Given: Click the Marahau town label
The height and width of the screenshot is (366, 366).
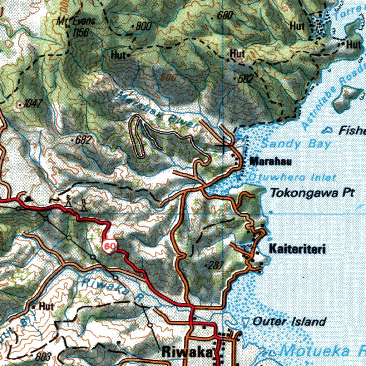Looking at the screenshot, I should pos(271,161).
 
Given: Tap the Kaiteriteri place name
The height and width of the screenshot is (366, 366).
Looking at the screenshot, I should pos(297,249).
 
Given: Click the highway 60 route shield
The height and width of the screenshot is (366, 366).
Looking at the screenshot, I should pos(110,246).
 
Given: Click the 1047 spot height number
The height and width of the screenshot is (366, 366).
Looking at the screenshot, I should pos(33,104).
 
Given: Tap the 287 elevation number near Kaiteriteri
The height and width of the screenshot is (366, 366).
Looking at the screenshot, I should pos(216,265).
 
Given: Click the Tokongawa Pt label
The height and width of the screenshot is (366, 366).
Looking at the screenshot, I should pos(312,193).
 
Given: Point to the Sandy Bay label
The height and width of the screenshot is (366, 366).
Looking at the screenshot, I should pos(296,144).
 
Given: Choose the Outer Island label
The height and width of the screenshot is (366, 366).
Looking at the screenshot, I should pos(289,322).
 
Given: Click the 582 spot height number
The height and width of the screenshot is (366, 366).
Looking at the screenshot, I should pos(246,79).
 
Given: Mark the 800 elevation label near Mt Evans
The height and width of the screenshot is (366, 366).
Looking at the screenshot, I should pos(143,26).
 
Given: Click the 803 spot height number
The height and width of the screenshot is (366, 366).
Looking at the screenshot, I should pos(44,357).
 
